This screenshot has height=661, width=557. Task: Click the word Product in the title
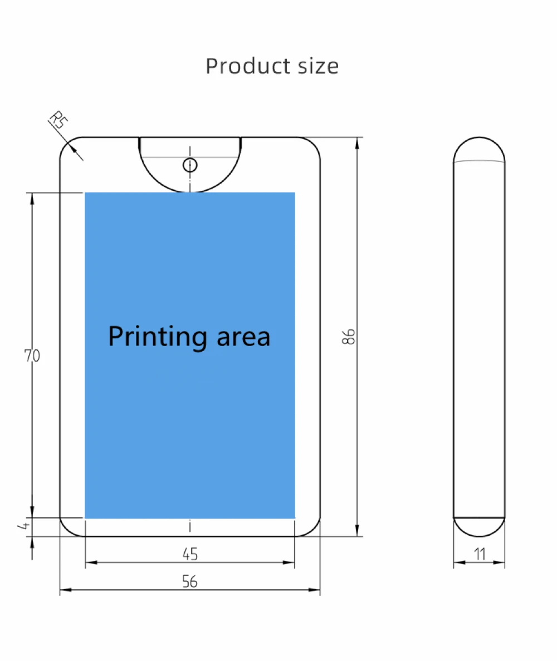241,66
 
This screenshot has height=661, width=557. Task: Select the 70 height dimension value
32,356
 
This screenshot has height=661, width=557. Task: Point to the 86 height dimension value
349,337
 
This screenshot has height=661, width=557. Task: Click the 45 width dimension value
190,554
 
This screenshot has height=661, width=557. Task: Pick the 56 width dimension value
190,581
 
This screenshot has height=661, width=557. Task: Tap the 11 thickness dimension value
480,554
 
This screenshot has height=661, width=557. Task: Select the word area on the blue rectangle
243,337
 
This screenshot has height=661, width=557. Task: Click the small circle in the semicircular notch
190,165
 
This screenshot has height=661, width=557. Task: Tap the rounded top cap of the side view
479,149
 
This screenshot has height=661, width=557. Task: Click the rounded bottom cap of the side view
479,527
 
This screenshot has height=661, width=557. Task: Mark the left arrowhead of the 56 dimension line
62,590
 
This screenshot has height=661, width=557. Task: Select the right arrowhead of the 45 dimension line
293,563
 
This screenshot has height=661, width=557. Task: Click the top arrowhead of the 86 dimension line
357,140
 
